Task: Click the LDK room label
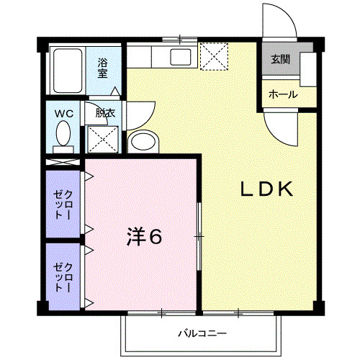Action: click(x=266, y=190)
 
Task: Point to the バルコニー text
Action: click(x=202, y=333)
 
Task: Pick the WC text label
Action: click(x=63, y=113)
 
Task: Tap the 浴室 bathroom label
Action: click(x=103, y=68)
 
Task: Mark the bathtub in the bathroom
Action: click(x=66, y=72)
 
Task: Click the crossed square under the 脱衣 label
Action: click(x=103, y=138)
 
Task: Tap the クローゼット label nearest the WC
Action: click(x=63, y=204)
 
